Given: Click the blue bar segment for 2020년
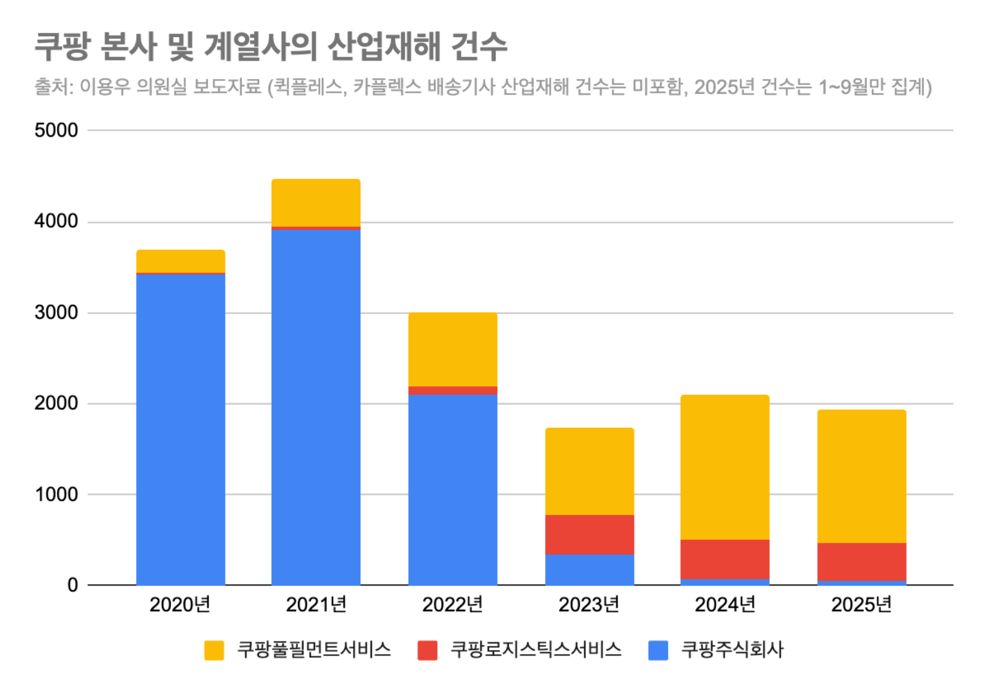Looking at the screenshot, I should [x=180, y=428].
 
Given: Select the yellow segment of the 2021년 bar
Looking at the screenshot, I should [x=316, y=203].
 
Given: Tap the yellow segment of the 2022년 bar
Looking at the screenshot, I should [x=453, y=349].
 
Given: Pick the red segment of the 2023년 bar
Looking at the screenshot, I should [x=589, y=534].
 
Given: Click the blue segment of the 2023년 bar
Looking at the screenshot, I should [x=589, y=569].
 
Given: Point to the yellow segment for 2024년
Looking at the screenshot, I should [x=725, y=467].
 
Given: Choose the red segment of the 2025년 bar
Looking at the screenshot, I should [x=862, y=561].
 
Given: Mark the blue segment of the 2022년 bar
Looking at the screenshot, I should [x=453, y=489].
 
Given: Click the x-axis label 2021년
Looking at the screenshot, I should [x=316, y=605].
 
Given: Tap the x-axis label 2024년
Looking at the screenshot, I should [x=725, y=605].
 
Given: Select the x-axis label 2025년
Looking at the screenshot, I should [x=862, y=605].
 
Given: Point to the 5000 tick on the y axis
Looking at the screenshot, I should [x=56, y=130].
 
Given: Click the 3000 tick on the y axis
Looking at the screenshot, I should [x=56, y=313].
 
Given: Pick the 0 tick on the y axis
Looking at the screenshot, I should [x=73, y=585].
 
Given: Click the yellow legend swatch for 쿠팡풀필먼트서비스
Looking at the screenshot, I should [x=214, y=650].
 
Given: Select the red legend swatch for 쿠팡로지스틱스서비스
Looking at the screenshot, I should [x=428, y=650].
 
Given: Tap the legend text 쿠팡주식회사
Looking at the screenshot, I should [x=732, y=650].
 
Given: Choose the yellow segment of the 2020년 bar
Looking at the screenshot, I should [x=180, y=261].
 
